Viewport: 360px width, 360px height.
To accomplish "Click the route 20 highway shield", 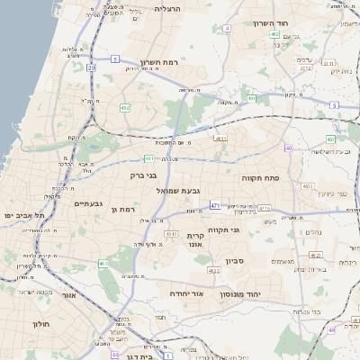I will (x=91, y=67).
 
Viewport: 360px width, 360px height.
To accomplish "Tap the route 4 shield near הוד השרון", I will (x=227, y=29).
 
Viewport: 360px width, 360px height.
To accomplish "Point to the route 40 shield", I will (x=288, y=148).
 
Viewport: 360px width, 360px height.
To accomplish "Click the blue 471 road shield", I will (x=215, y=206).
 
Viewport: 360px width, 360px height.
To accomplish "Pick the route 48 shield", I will (x=331, y=331).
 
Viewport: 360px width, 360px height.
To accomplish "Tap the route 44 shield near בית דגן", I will (x=115, y=355).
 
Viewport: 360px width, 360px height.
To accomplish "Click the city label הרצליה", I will (x=167, y=8).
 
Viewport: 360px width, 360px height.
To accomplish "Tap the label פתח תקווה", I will (x=262, y=178).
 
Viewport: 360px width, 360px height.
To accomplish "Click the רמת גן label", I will (x=121, y=210).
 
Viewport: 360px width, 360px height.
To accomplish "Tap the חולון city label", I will (x=40, y=322).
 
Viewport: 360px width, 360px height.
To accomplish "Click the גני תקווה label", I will (x=223, y=229).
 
